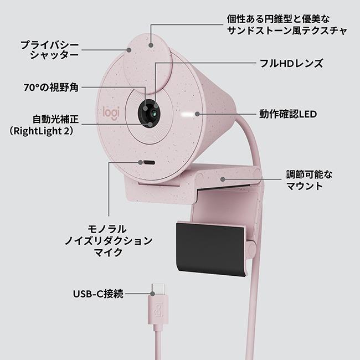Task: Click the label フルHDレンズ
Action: [291, 64]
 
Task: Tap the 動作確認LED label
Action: [288, 114]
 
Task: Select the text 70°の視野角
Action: [51, 88]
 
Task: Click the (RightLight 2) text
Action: [42, 131]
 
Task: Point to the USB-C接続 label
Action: [98, 294]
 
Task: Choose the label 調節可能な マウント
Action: [309, 180]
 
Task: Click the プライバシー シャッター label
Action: [50, 50]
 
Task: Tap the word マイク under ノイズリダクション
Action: [109, 253]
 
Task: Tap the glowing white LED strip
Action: [187, 114]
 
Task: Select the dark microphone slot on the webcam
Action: [149, 162]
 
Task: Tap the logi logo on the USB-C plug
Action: [159, 310]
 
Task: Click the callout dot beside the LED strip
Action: [197, 114]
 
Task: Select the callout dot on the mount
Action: [223, 179]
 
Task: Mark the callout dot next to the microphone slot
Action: [140, 162]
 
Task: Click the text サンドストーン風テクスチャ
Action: [287, 30]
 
